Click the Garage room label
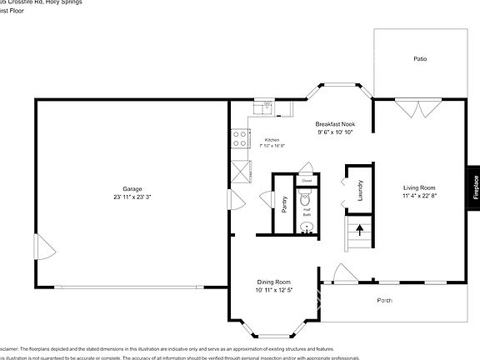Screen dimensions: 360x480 132,188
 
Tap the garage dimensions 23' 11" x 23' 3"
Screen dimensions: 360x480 132,197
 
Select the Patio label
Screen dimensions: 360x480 421,59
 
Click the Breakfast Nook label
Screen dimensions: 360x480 335,123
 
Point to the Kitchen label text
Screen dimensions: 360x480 272,139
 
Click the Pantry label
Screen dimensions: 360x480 284,204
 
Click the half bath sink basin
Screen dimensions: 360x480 307,226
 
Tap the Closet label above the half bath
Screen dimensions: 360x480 307,180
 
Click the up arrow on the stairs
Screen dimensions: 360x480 360,227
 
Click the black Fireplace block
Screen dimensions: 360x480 475,185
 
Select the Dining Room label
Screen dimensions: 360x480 272,282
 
